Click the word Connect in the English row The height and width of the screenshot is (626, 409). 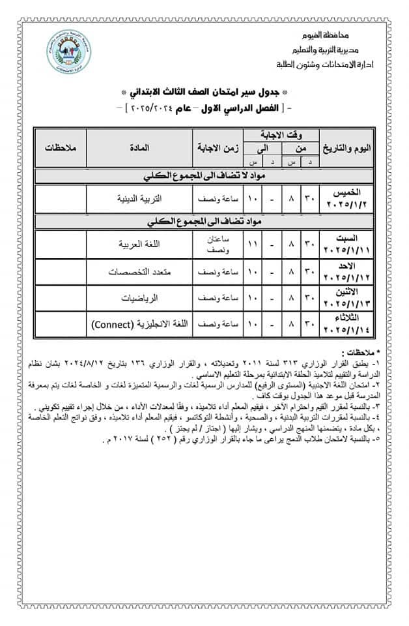pos(112,323)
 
